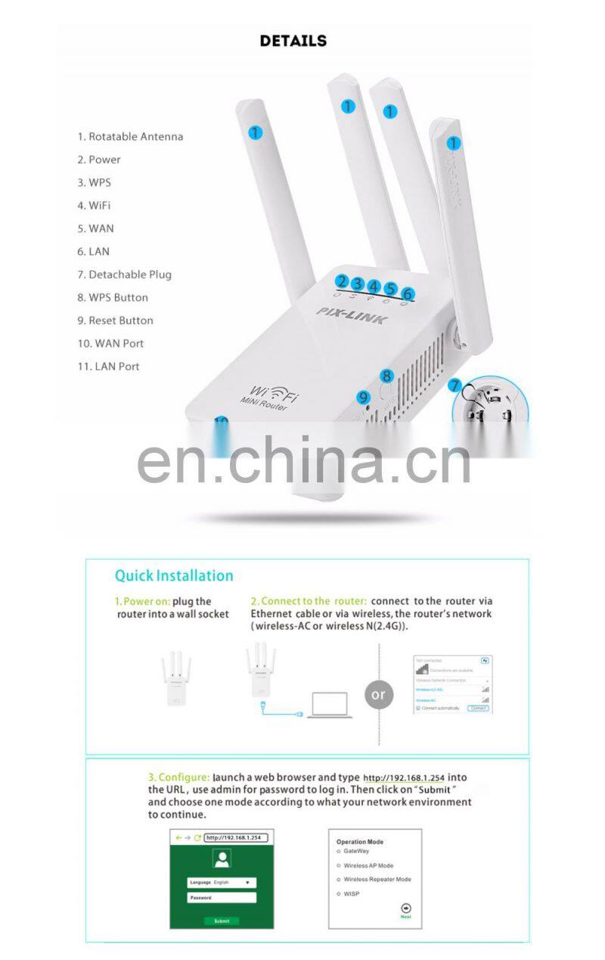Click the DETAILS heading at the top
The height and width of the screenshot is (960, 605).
[x=293, y=41]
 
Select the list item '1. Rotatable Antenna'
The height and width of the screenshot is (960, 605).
[x=130, y=137]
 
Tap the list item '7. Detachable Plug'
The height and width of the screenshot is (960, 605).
[x=124, y=275]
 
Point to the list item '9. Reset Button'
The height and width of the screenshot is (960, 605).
[x=115, y=320]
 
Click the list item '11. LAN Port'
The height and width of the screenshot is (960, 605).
[x=108, y=366]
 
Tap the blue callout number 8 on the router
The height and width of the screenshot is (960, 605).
[x=387, y=376]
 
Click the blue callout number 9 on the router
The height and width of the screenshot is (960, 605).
[x=364, y=397]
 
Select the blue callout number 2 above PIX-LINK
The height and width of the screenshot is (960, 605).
[x=342, y=282]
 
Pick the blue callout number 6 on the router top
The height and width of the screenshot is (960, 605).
[x=408, y=293]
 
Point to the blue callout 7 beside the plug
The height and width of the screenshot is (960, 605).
[x=455, y=386]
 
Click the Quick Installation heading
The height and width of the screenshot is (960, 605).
[x=174, y=575]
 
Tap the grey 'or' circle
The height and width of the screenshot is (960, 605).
[x=379, y=694]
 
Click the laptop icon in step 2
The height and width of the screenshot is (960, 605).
[x=329, y=704]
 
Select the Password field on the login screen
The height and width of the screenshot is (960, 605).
[x=222, y=898]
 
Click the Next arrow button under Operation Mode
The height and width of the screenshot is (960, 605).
[x=406, y=909]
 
